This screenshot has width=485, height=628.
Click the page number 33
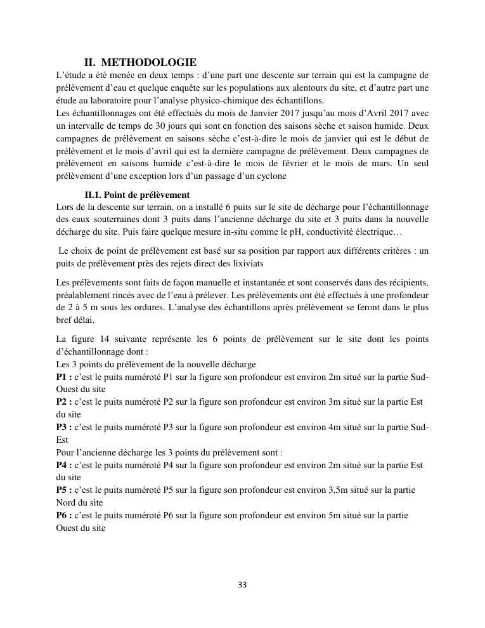[x=242, y=584]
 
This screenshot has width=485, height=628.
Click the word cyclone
[x=271, y=176]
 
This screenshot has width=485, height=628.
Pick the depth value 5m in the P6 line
[x=340, y=515]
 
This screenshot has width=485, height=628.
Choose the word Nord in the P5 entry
[x=67, y=502]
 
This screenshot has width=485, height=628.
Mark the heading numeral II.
[x=89, y=62]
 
